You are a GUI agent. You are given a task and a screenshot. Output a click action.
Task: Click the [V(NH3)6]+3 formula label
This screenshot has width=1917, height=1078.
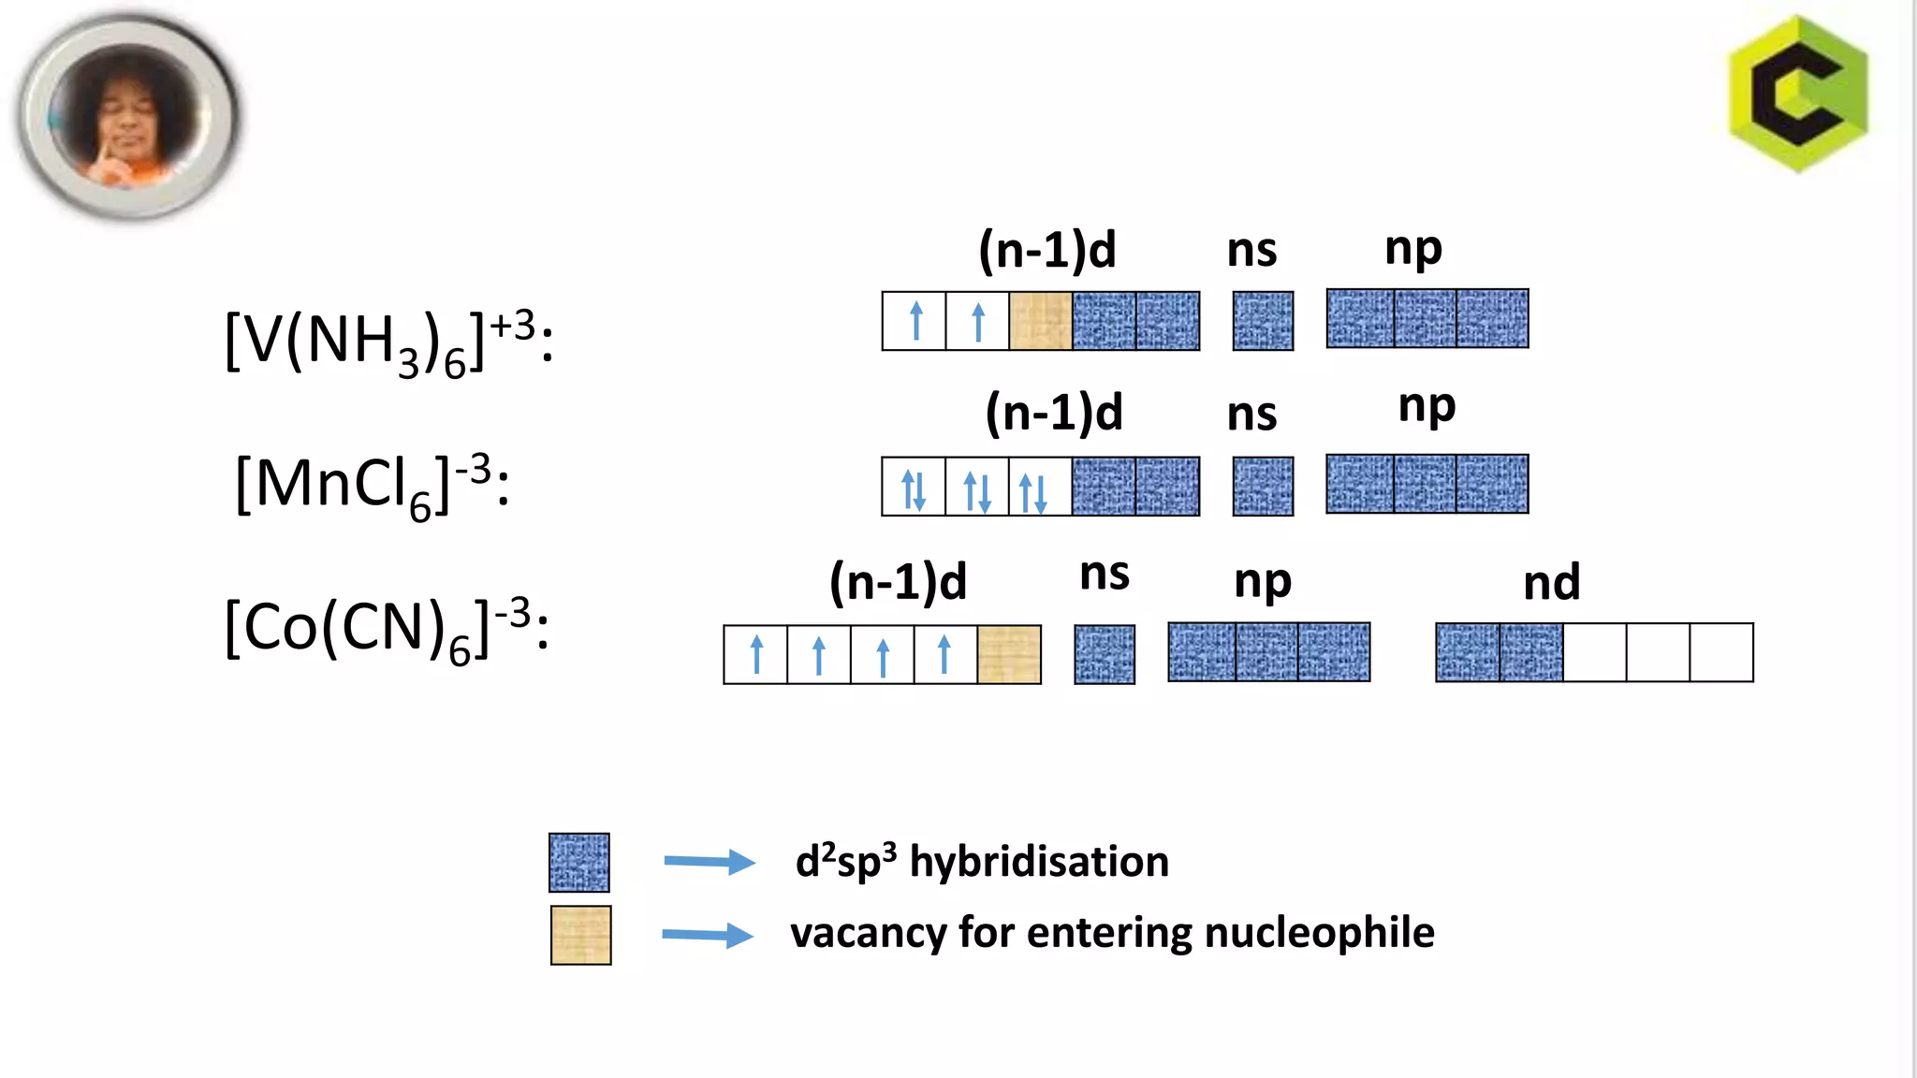pyautogui.click(x=388, y=342)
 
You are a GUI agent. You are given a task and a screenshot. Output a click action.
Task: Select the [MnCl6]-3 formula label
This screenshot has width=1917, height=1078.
pyautogui.click(x=373, y=485)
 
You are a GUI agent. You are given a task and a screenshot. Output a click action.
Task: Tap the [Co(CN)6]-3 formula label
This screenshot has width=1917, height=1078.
pyautogui.click(x=387, y=629)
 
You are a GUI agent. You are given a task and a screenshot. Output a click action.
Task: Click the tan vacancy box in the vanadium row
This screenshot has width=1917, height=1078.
pyautogui.click(x=1040, y=321)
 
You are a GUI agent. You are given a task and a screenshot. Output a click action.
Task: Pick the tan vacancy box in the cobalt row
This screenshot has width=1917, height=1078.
pyautogui.click(x=1009, y=654)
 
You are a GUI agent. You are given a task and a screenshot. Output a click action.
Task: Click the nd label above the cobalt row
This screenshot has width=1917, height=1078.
pyautogui.click(x=1551, y=583)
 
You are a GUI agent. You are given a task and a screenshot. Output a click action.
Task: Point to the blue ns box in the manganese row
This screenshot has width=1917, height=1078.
pyautogui.click(x=1263, y=486)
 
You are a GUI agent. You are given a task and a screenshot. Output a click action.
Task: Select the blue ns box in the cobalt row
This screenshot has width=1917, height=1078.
pyautogui.click(x=1105, y=654)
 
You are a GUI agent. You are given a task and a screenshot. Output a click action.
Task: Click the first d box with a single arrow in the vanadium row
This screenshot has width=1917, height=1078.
pyautogui.click(x=915, y=321)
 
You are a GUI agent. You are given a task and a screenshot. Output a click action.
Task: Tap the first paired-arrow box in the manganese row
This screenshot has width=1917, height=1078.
pyautogui.click(x=914, y=487)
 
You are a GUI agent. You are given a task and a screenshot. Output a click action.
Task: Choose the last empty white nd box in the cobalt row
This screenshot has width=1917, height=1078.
pyautogui.click(x=1720, y=652)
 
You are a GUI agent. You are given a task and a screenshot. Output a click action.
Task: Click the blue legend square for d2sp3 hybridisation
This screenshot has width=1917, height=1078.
pyautogui.click(x=578, y=862)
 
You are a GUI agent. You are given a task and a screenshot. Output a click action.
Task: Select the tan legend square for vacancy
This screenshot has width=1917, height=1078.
pyautogui.click(x=580, y=935)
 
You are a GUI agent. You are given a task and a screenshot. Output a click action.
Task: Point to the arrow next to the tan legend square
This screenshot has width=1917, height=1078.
pyautogui.click(x=708, y=934)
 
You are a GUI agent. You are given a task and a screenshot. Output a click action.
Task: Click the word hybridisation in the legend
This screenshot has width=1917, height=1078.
pyautogui.click(x=1039, y=862)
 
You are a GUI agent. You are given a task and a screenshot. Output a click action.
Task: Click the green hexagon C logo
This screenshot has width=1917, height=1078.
pyautogui.click(x=1798, y=94)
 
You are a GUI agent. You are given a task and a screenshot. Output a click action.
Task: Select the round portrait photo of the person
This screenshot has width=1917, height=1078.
pyautogui.click(x=128, y=117)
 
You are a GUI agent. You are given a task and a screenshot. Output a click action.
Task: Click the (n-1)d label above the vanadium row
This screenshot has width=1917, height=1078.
pyautogui.click(x=1046, y=251)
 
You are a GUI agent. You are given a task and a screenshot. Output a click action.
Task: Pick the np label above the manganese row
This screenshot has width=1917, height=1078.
pyautogui.click(x=1427, y=407)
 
